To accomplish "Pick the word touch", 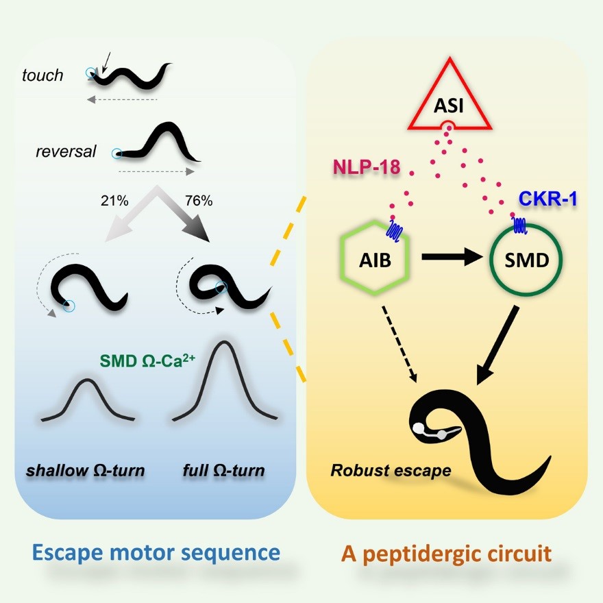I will point(42,75).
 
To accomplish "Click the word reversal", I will point(66,151).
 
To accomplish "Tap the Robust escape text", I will point(391,471).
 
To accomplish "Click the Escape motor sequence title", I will point(156,553).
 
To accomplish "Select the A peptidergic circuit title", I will point(446,553).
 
